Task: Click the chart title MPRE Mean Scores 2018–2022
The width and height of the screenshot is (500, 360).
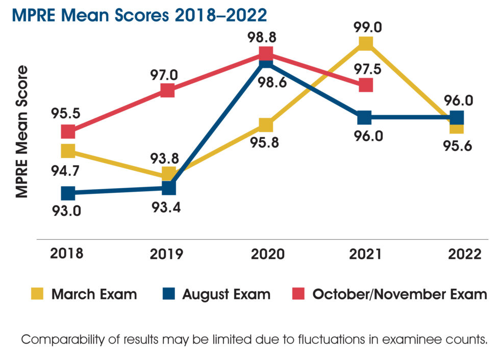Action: pos(139,15)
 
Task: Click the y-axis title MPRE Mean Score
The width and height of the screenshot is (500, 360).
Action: pos(21,132)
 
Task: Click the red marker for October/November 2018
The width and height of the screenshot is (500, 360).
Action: pos(68,132)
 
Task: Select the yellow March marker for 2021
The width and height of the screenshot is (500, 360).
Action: pos(365,44)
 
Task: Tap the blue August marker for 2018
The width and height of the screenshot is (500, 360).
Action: pos(68,193)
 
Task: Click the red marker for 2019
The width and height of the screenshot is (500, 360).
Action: pos(168,90)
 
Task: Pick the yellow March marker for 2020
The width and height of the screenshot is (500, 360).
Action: pos(266,125)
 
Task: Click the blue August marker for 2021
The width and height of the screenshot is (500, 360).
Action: pos(364,117)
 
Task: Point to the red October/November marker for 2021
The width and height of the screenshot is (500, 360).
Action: pos(366,85)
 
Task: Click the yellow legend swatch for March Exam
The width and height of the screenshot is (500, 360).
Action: pos(37,294)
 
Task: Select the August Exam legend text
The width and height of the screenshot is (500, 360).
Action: pos(226,294)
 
